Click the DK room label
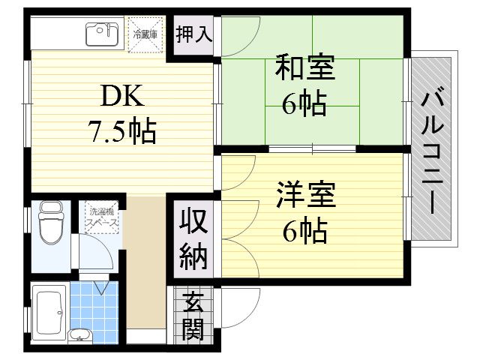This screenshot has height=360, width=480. point(122,96)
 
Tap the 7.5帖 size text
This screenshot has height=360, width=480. point(122,132)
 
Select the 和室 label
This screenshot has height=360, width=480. point(305,67)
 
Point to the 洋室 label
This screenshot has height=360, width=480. point(306,195)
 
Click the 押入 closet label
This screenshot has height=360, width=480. point(194,34)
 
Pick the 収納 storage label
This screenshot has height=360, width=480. point(193,239)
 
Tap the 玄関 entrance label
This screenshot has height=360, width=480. point(193,316)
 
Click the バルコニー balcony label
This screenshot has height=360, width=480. point(433,149)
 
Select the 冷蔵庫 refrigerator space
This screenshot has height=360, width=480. point(145,35)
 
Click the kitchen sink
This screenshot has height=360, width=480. point(102,34)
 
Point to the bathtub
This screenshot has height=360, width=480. point(50,313)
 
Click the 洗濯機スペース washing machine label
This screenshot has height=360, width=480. point(102,217)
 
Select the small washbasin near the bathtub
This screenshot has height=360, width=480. point(80,335)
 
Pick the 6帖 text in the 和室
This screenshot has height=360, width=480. point(304,103)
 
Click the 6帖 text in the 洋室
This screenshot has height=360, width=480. point(305,231)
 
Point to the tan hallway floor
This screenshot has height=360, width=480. point(145,262)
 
